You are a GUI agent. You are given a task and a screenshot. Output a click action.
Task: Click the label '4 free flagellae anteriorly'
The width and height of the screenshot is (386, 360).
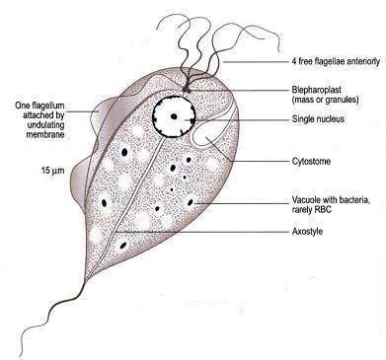(x=336, y=61)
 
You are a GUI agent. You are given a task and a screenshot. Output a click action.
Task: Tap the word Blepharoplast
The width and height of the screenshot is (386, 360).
(x=316, y=90)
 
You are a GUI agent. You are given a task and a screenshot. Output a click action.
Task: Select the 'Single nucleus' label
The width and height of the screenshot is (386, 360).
(x=318, y=118)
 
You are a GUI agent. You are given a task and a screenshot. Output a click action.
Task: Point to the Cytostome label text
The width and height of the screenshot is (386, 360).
(x=311, y=161)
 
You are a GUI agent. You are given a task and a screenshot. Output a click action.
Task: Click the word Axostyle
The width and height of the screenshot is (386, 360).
(x=307, y=232)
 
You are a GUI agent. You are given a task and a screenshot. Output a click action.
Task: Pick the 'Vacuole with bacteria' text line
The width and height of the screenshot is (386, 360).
(x=332, y=200)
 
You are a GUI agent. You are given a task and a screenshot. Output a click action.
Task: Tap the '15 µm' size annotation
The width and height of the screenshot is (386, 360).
(x=52, y=171)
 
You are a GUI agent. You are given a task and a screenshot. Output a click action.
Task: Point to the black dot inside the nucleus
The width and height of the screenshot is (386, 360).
(x=174, y=116)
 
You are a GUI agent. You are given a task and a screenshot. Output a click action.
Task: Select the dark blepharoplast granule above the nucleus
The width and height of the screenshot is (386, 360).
(x=186, y=89)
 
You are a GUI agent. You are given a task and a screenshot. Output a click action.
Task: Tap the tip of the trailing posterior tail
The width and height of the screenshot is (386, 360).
(x=21, y=357)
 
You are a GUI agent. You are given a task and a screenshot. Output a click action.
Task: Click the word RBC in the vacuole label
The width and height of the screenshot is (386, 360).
(x=324, y=209)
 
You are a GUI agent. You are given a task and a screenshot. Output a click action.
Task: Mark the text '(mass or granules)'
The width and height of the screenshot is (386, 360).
(x=325, y=100)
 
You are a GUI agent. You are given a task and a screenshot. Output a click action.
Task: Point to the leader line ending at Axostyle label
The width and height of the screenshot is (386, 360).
(x=201, y=232)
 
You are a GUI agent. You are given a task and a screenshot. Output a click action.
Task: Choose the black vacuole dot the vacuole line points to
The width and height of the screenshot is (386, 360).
(x=191, y=202)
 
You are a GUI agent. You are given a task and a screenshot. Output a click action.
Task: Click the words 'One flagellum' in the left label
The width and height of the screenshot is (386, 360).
(x=39, y=106)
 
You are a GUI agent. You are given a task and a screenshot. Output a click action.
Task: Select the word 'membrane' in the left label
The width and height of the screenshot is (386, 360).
(x=45, y=134)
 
